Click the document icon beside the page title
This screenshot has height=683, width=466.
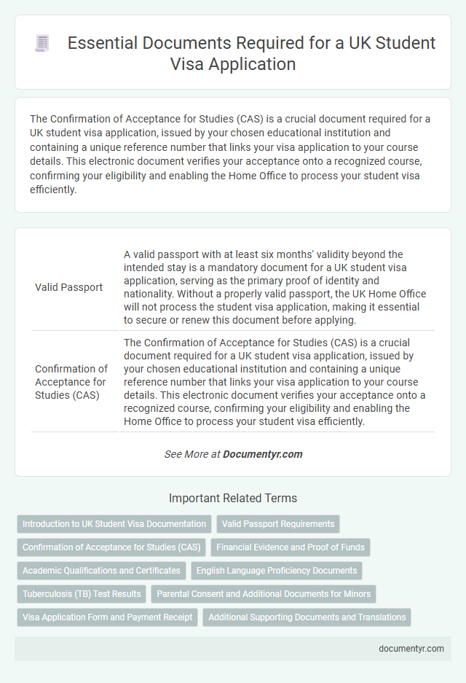(x=42, y=43)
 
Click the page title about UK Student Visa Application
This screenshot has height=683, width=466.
(x=250, y=53)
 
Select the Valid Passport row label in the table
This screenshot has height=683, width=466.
(x=68, y=287)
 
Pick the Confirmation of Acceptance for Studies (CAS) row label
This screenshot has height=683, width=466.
(x=71, y=382)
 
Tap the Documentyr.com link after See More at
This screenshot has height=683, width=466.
(x=262, y=454)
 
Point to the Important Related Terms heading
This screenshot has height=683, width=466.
(x=233, y=499)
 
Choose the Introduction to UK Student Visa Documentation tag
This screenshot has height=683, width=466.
(x=114, y=524)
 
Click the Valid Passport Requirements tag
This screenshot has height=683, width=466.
(x=278, y=524)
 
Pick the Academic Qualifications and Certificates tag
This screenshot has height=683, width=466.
(x=101, y=571)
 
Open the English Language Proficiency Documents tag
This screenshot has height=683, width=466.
(x=277, y=571)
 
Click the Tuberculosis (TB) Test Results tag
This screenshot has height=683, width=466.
(x=81, y=594)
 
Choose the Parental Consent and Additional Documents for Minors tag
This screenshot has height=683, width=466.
(x=264, y=594)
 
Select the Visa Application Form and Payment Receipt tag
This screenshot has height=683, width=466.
(x=107, y=617)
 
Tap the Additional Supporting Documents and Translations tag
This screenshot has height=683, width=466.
(x=307, y=617)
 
